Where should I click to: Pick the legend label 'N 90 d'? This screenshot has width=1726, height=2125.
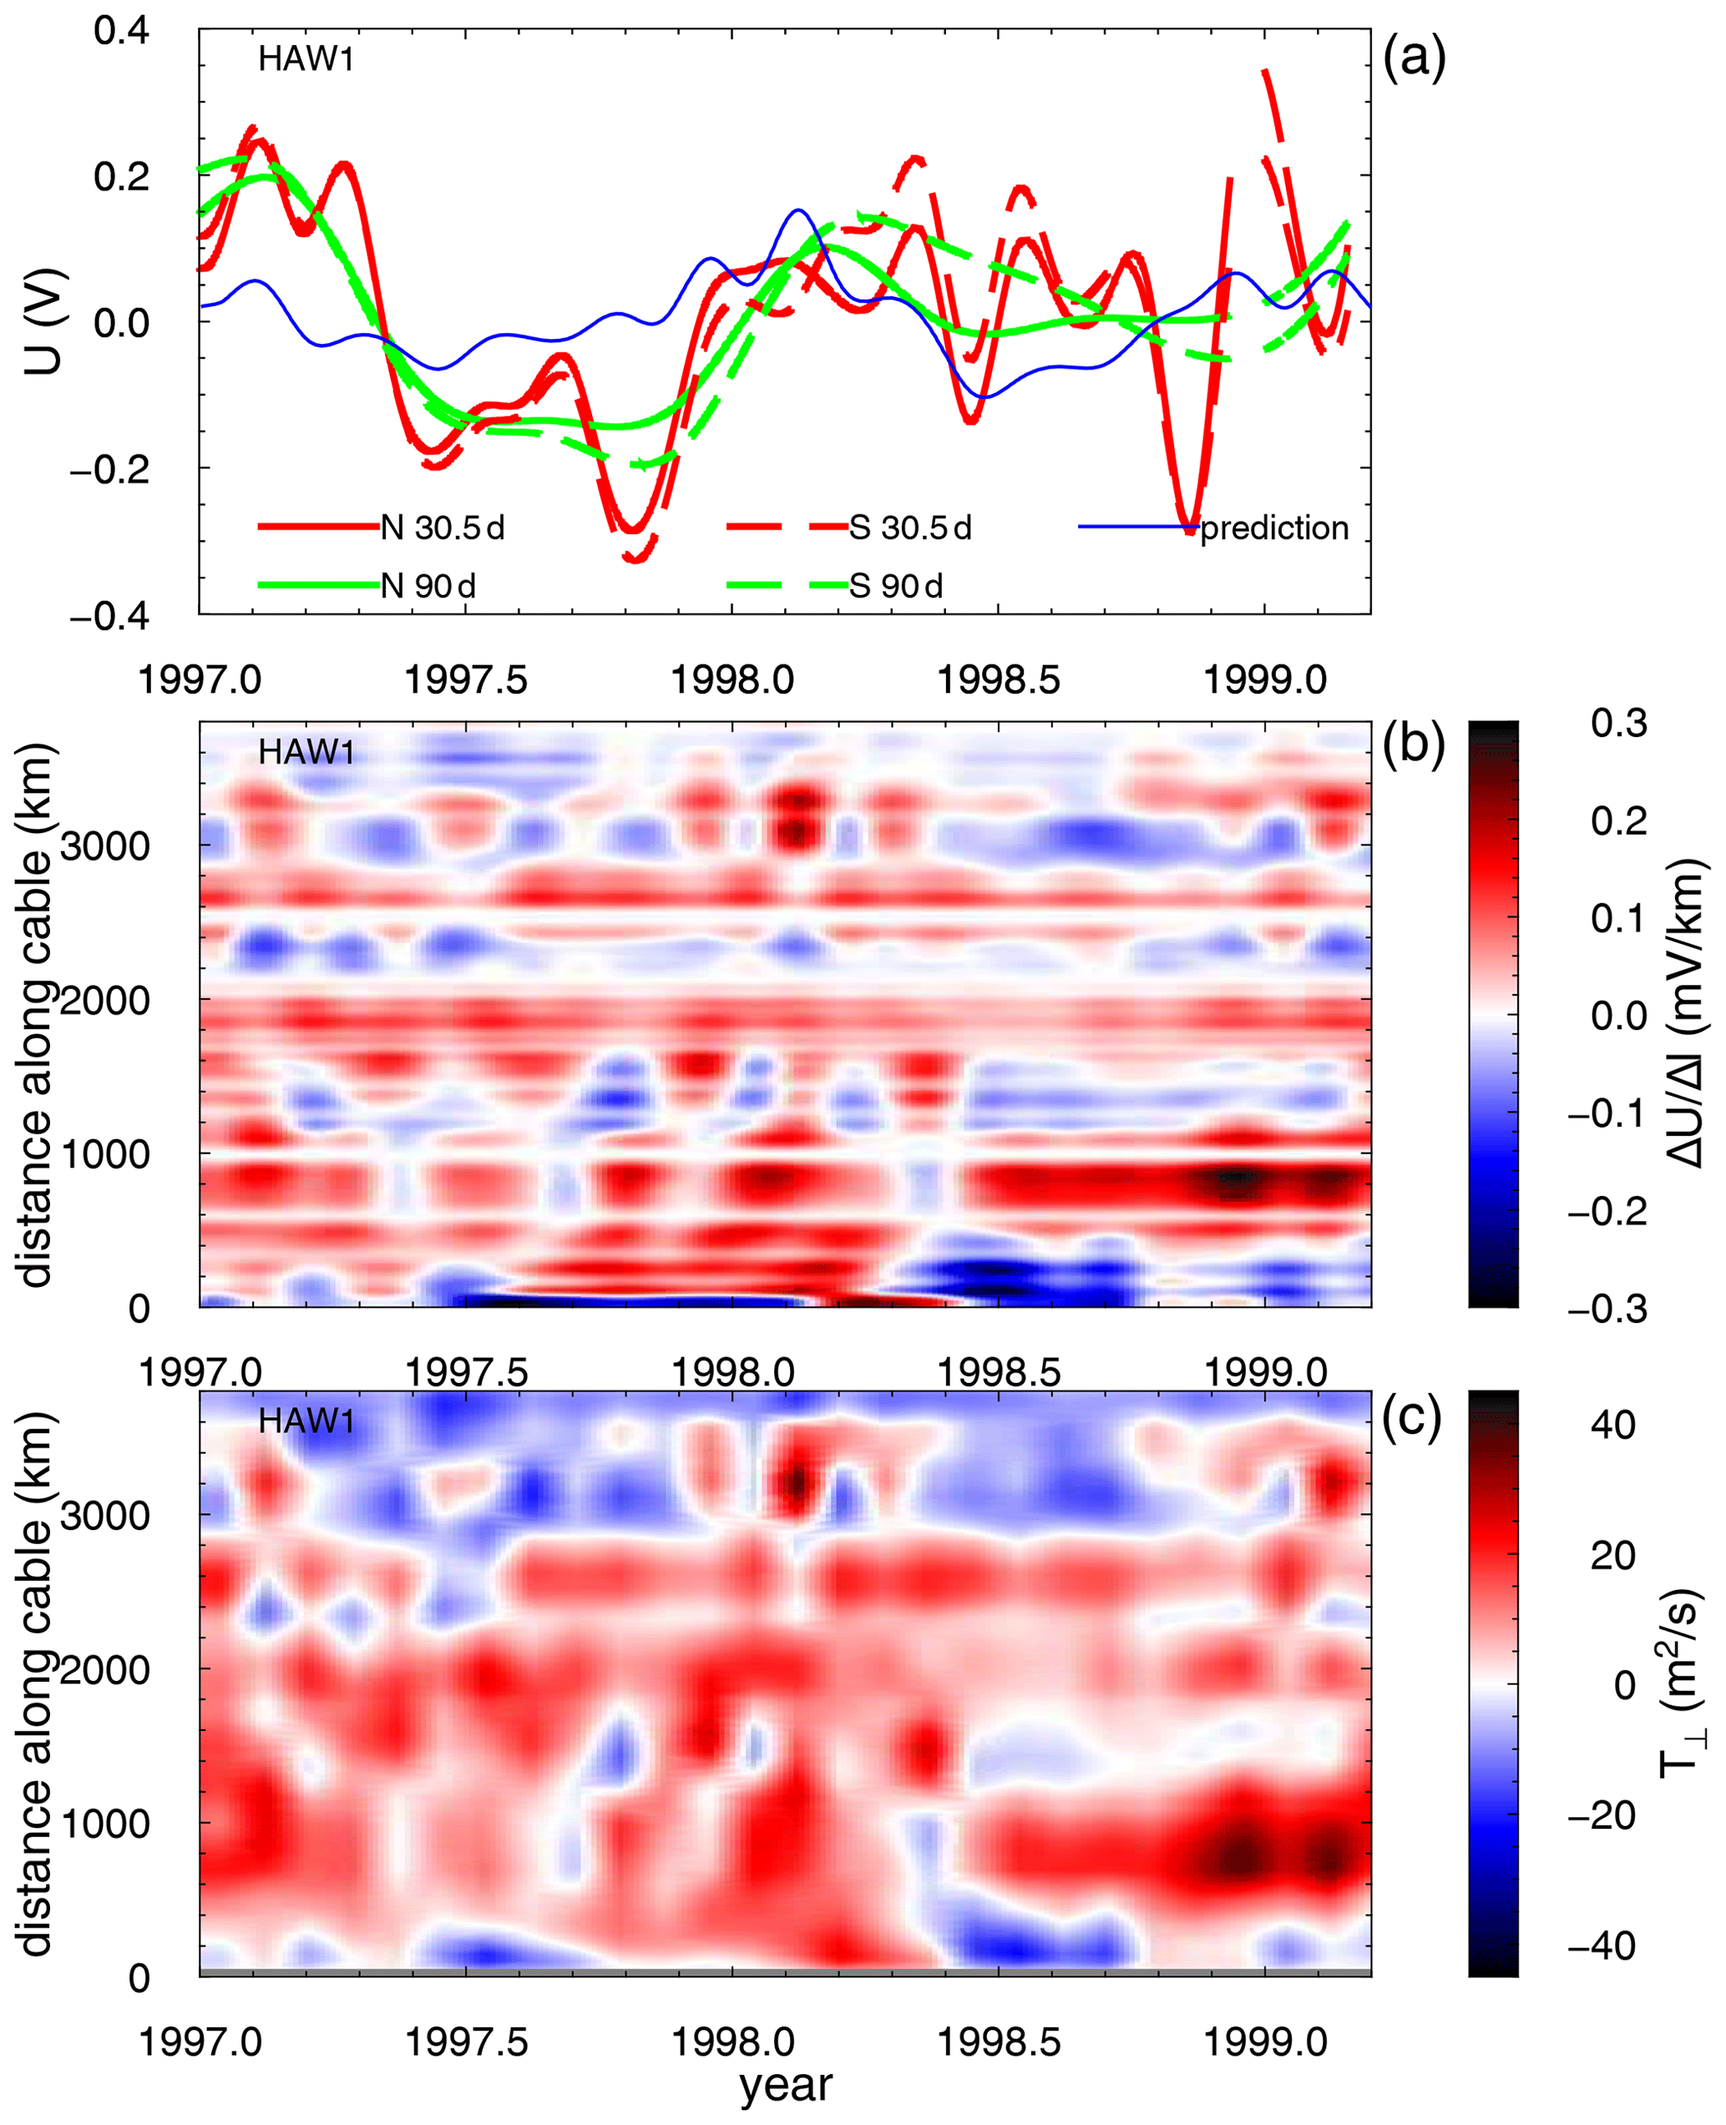[x=428, y=587]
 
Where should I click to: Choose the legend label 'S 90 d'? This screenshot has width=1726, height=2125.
[x=896, y=587]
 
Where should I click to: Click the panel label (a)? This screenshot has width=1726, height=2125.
[x=1414, y=58]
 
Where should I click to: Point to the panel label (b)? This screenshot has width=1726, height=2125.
[x=1414, y=745]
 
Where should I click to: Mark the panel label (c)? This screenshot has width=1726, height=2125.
[x=1412, y=1421]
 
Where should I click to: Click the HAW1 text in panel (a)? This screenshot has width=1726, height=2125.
[x=306, y=59]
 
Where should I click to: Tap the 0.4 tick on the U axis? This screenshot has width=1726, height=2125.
[x=121, y=30]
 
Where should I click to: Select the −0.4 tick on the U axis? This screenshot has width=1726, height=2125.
[x=109, y=616]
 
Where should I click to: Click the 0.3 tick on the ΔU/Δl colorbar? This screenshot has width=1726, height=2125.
[x=1618, y=724]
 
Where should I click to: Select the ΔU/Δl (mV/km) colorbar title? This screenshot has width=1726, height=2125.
[x=1686, y=1014]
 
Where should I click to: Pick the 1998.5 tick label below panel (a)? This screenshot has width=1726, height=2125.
[x=998, y=681]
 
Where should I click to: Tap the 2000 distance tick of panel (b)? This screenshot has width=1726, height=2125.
[x=105, y=1000]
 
